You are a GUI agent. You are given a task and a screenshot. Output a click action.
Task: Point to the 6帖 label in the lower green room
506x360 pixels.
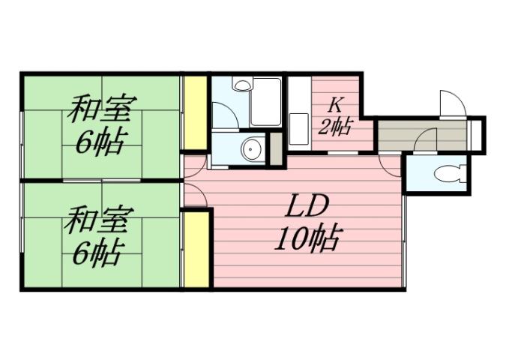tap(97, 254)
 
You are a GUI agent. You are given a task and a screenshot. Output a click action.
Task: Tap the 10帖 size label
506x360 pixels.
tap(307, 240)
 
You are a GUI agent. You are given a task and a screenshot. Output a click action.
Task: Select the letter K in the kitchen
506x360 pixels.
tap(335, 105)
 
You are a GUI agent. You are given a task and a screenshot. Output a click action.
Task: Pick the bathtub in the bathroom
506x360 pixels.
tap(265, 102)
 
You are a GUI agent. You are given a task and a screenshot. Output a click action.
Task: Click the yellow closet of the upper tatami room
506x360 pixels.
tap(195, 112)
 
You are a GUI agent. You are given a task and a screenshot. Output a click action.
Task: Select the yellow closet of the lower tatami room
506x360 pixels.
tap(196, 249)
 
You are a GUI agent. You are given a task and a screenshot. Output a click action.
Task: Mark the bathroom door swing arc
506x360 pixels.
tap(223, 115)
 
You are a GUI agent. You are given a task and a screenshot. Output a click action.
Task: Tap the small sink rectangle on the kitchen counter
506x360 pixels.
tap(298, 124)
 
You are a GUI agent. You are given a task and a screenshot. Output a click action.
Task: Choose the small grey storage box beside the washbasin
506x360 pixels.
tap(276, 148)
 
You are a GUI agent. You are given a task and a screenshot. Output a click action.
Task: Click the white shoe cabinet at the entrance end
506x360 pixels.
tap(476, 134)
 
